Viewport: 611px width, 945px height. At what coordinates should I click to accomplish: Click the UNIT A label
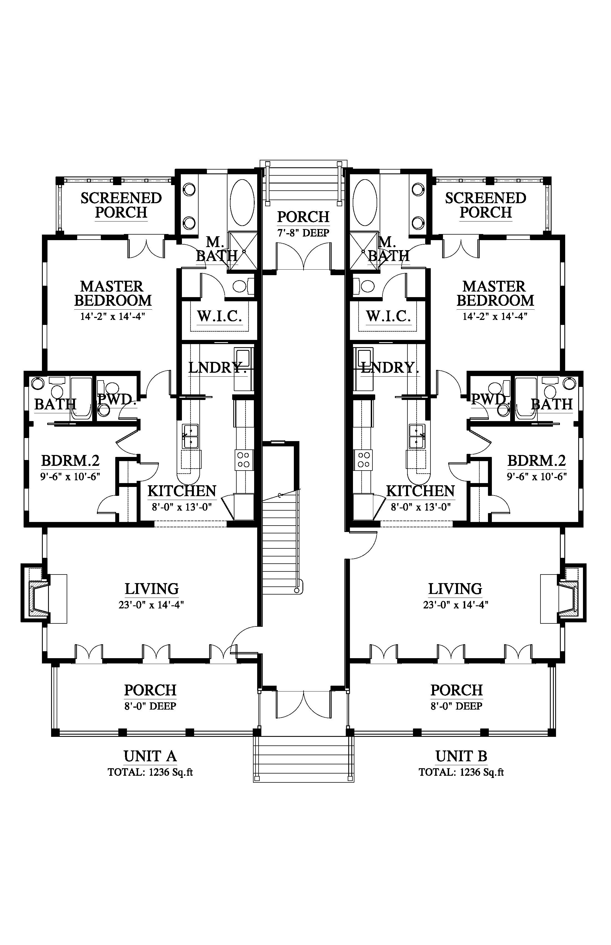click(x=150, y=756)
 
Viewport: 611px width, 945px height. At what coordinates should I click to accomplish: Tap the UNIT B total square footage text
click(x=461, y=772)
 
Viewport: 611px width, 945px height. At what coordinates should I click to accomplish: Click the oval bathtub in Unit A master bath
click(x=242, y=203)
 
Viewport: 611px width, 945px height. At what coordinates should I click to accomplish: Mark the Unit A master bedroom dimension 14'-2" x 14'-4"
click(x=113, y=317)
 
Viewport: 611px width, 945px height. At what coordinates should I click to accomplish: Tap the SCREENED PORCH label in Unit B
click(x=486, y=205)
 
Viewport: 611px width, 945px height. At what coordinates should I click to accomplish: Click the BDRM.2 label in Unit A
click(x=70, y=461)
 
